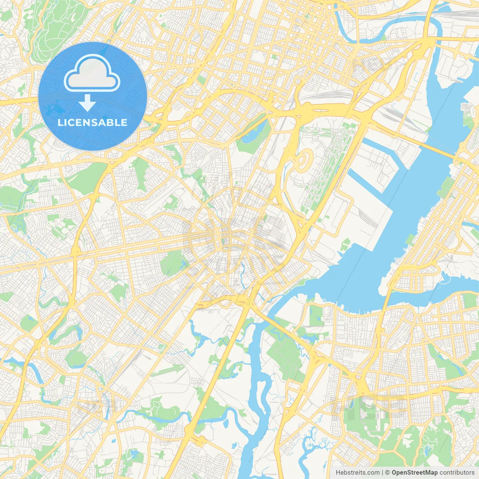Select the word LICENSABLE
pyautogui.click(x=92, y=122)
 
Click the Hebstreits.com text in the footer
pyautogui.click(x=358, y=473)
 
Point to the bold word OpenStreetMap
pyautogui.click(x=415, y=473)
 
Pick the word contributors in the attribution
pyautogui.click(x=457, y=473)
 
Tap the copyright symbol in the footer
pyautogui.click(x=388, y=473)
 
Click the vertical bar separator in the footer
pyautogui.click(x=382, y=473)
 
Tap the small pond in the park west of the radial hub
pyautogui.click(x=183, y=266)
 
